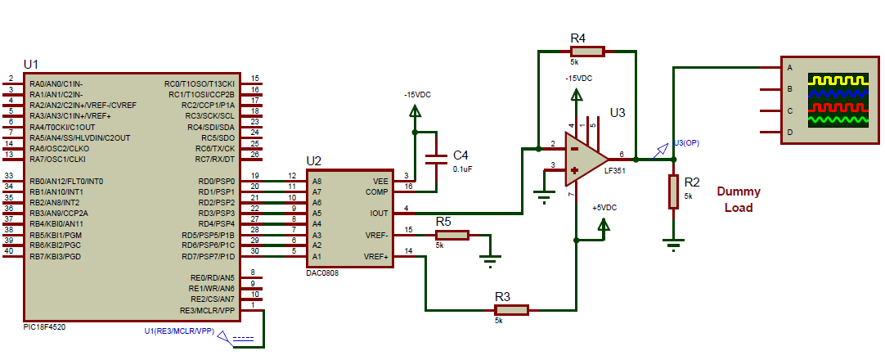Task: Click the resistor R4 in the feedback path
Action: click(586, 52)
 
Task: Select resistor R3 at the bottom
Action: click(511, 310)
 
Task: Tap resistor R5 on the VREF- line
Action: click(451, 235)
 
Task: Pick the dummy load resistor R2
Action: click(672, 191)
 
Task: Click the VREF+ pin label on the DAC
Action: click(375, 256)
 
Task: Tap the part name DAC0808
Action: click(322, 273)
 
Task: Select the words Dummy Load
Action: click(739, 200)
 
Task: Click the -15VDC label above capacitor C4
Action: click(417, 95)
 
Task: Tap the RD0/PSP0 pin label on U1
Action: click(216, 181)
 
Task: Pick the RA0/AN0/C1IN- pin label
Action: click(56, 83)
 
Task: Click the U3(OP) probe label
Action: click(686, 142)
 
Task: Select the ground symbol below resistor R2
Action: click(672, 242)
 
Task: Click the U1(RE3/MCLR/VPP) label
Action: click(178, 331)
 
